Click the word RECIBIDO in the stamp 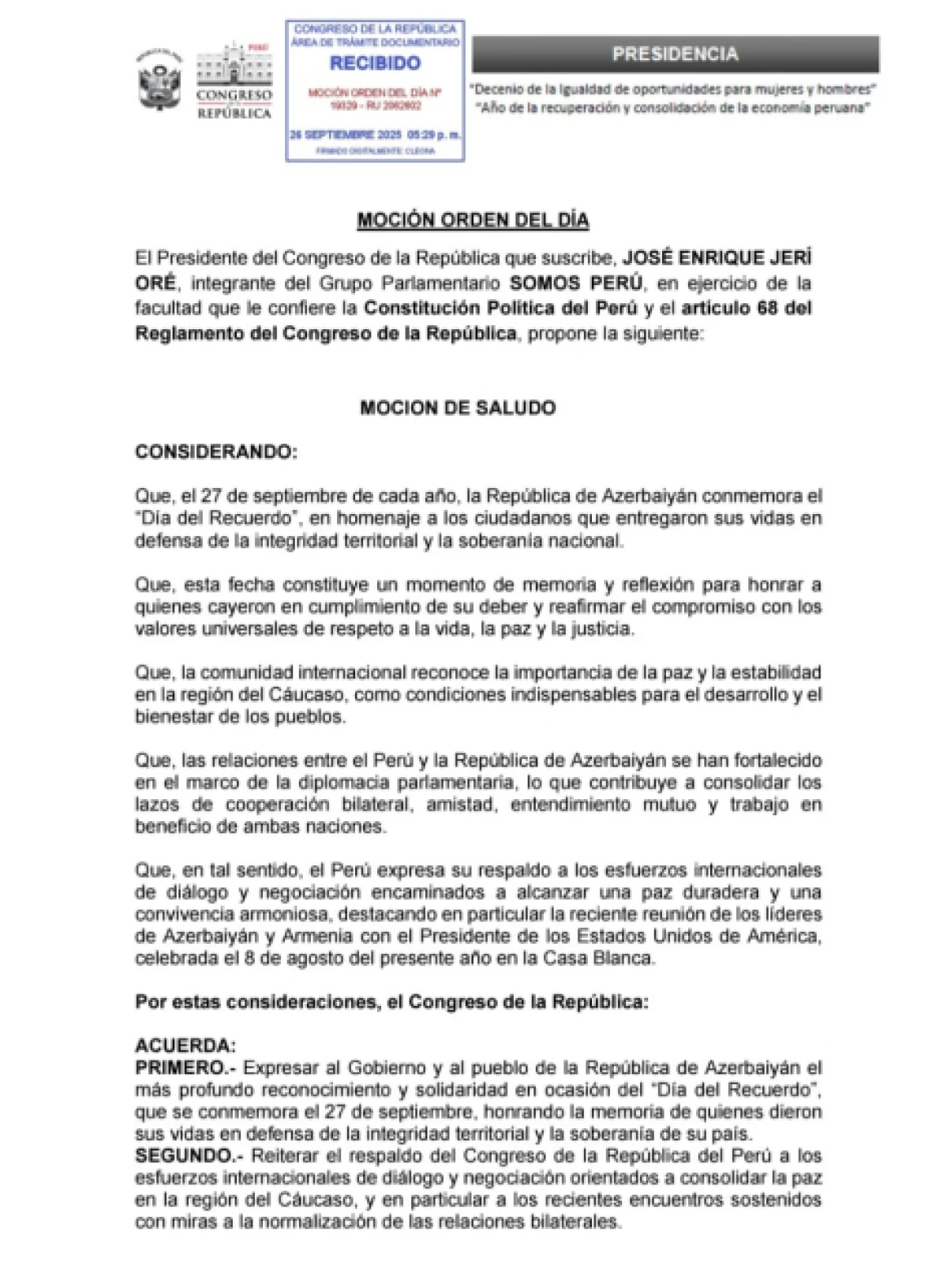coord(375,63)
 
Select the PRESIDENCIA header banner coord(676,54)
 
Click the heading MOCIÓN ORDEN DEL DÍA coord(473,220)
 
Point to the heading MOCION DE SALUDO coord(458,408)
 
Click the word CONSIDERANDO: coord(216,452)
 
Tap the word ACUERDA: coord(185,1046)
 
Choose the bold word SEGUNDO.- coord(189,1156)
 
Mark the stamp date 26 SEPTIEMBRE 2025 coord(347,134)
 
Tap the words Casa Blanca coord(608,959)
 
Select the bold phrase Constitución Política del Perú coord(500,308)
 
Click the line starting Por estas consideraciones coord(391,1002)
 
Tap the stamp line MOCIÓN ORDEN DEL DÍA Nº coord(375,92)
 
